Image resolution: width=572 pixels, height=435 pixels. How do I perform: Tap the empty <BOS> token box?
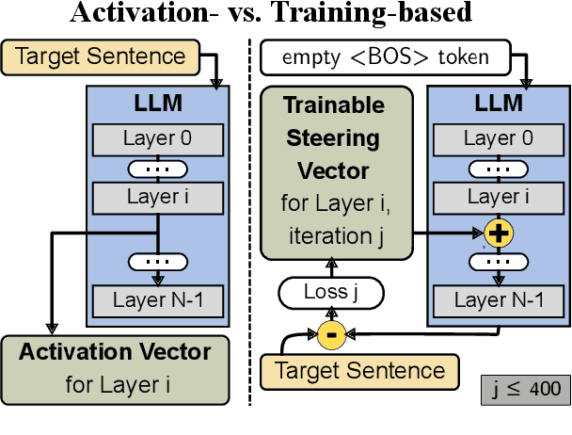pos(386,57)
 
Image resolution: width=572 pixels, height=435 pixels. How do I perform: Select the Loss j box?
pos(331,293)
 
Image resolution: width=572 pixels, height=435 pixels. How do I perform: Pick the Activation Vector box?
pos(115,368)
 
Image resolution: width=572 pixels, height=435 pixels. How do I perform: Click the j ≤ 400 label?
pos(526,387)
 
